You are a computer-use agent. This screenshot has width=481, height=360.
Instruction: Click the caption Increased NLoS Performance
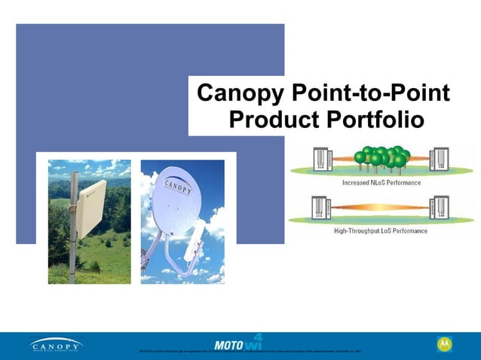381,182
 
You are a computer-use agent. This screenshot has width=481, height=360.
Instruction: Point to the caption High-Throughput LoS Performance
381,230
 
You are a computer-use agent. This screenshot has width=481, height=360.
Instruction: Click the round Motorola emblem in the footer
445,344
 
